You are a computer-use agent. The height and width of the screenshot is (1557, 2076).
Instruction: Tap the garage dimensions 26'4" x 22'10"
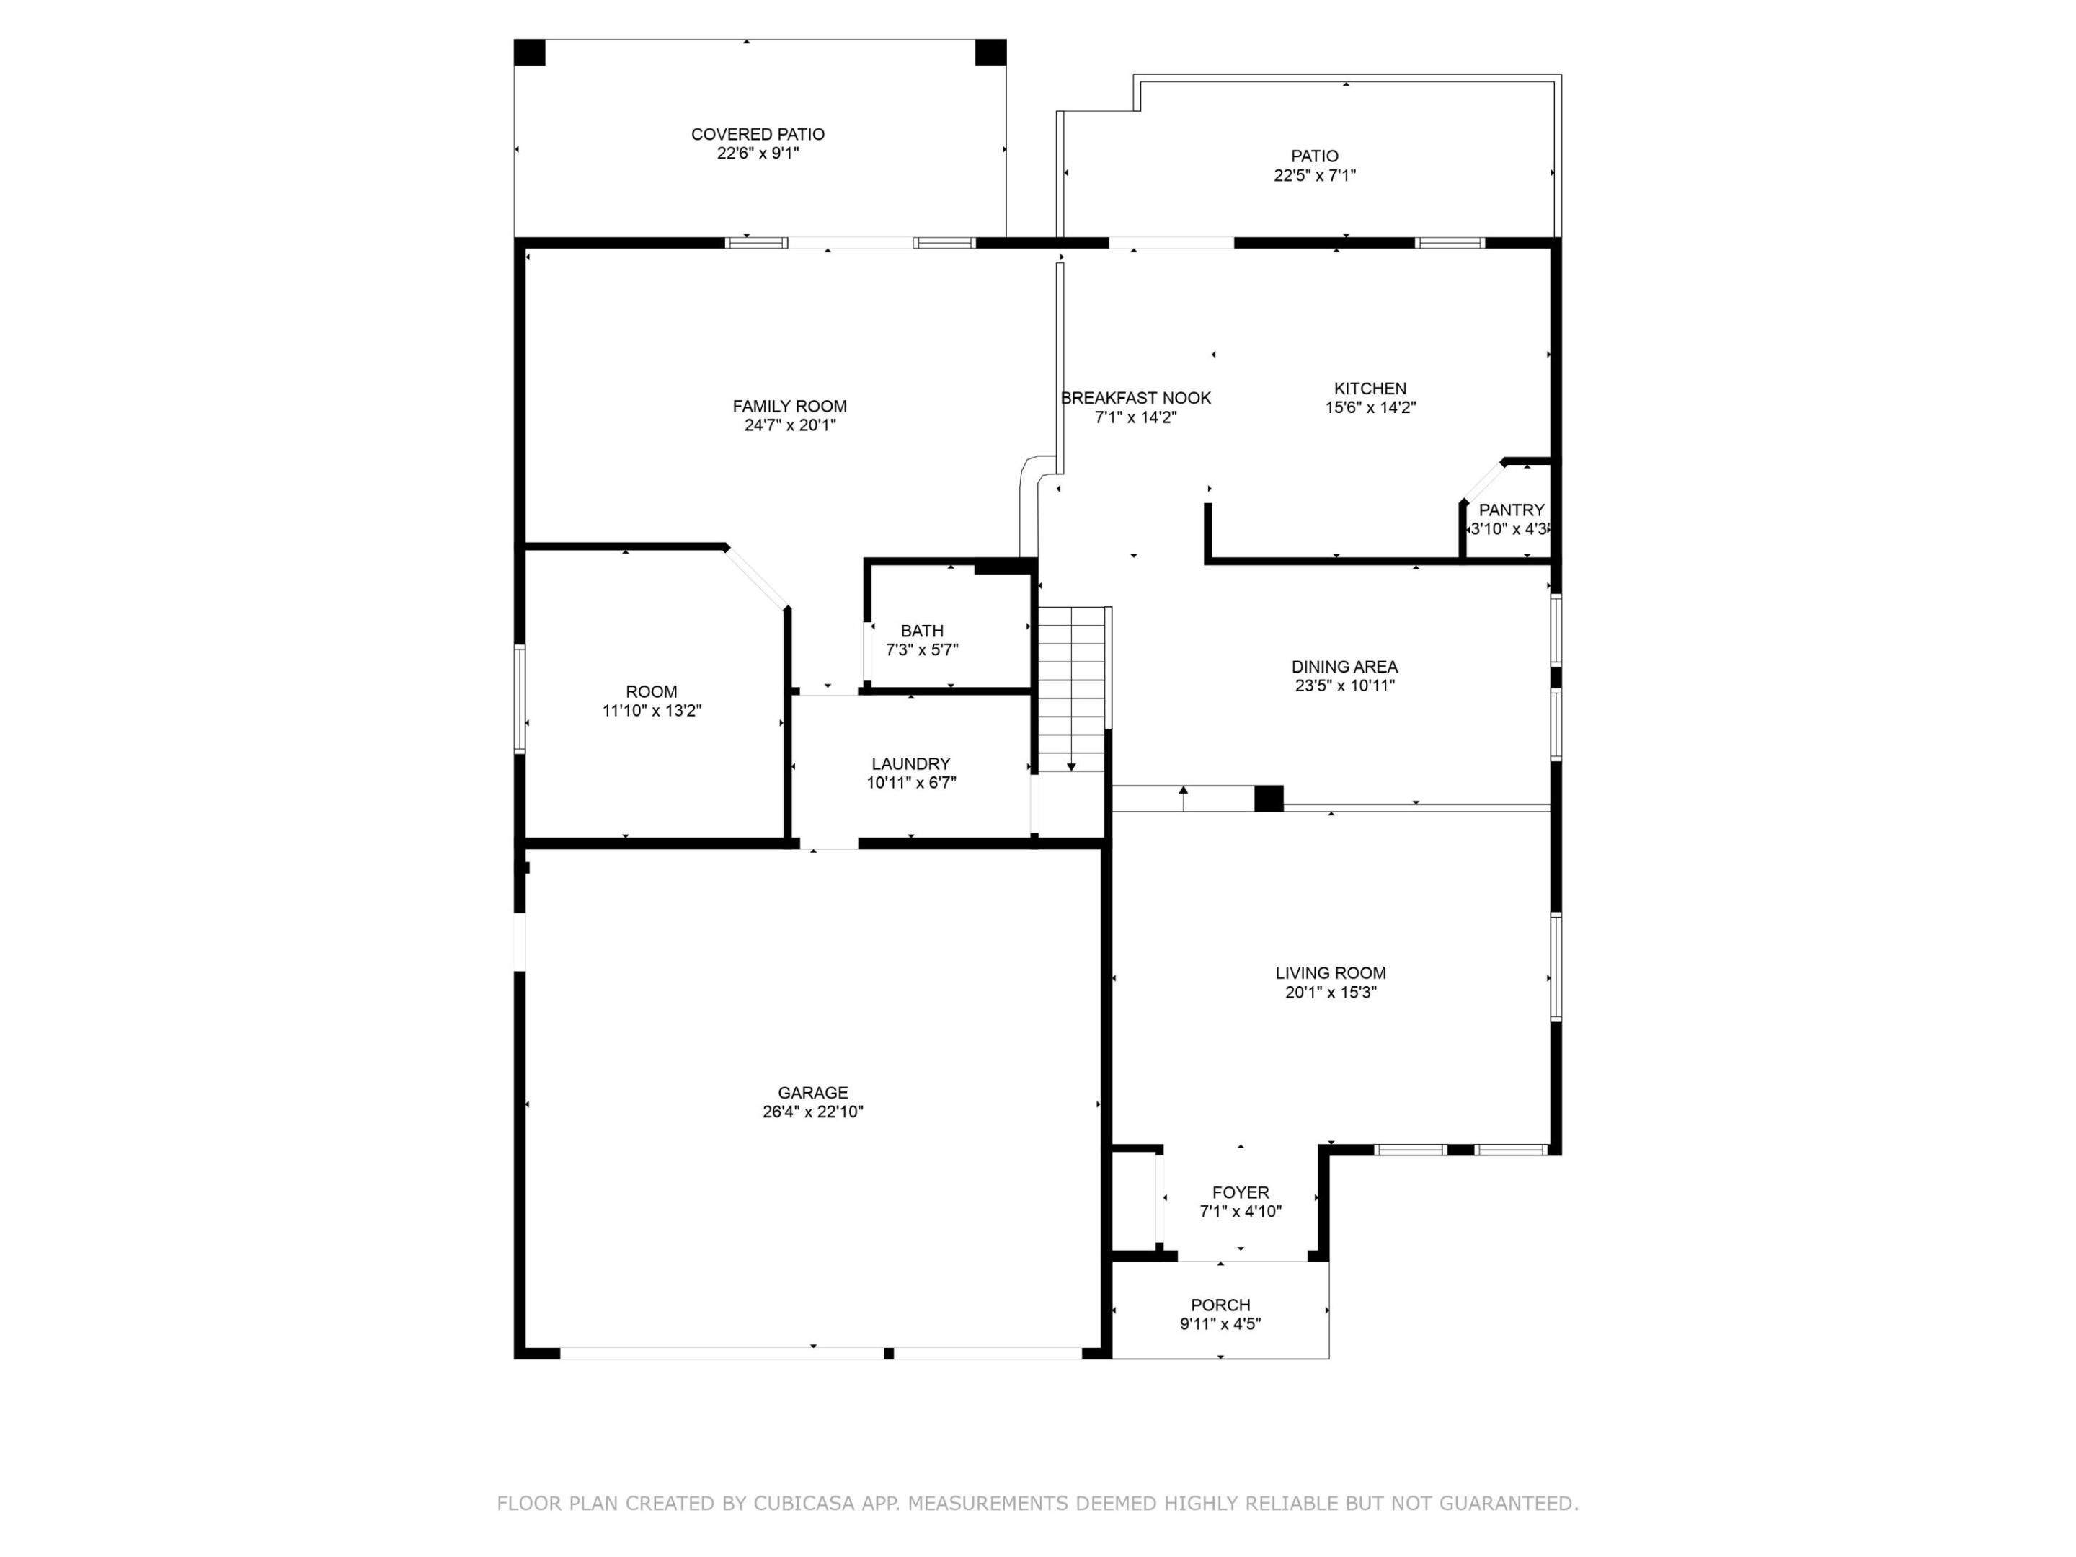pos(813,1112)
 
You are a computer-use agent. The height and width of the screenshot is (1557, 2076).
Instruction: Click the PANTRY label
pos(1511,510)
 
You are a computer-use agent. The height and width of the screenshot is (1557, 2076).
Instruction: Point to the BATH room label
pos(922,631)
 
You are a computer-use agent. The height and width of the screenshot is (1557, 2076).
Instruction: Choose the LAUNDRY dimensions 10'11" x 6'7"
pos(910,783)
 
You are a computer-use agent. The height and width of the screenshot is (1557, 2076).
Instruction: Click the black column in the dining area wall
pos(1269,798)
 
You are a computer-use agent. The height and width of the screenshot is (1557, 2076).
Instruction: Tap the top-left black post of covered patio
pos(529,53)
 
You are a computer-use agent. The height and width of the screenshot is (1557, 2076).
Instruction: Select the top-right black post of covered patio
pos(990,53)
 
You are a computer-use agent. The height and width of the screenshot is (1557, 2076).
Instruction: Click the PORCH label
pos(1220,1305)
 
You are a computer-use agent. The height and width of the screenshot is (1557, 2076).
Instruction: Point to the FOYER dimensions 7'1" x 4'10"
pos(1241,1212)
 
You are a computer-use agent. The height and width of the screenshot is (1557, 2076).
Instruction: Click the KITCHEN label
pos(1370,389)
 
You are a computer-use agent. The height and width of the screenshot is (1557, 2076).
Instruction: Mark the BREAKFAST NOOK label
pos(1135,398)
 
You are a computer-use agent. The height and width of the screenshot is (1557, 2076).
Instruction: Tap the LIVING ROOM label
pos(1330,973)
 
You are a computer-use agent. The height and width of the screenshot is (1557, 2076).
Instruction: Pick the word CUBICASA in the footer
pos(804,1504)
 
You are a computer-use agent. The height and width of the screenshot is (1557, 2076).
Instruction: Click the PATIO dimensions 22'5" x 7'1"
pos(1314,175)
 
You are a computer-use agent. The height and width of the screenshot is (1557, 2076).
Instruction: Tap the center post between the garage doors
pos(888,1353)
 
